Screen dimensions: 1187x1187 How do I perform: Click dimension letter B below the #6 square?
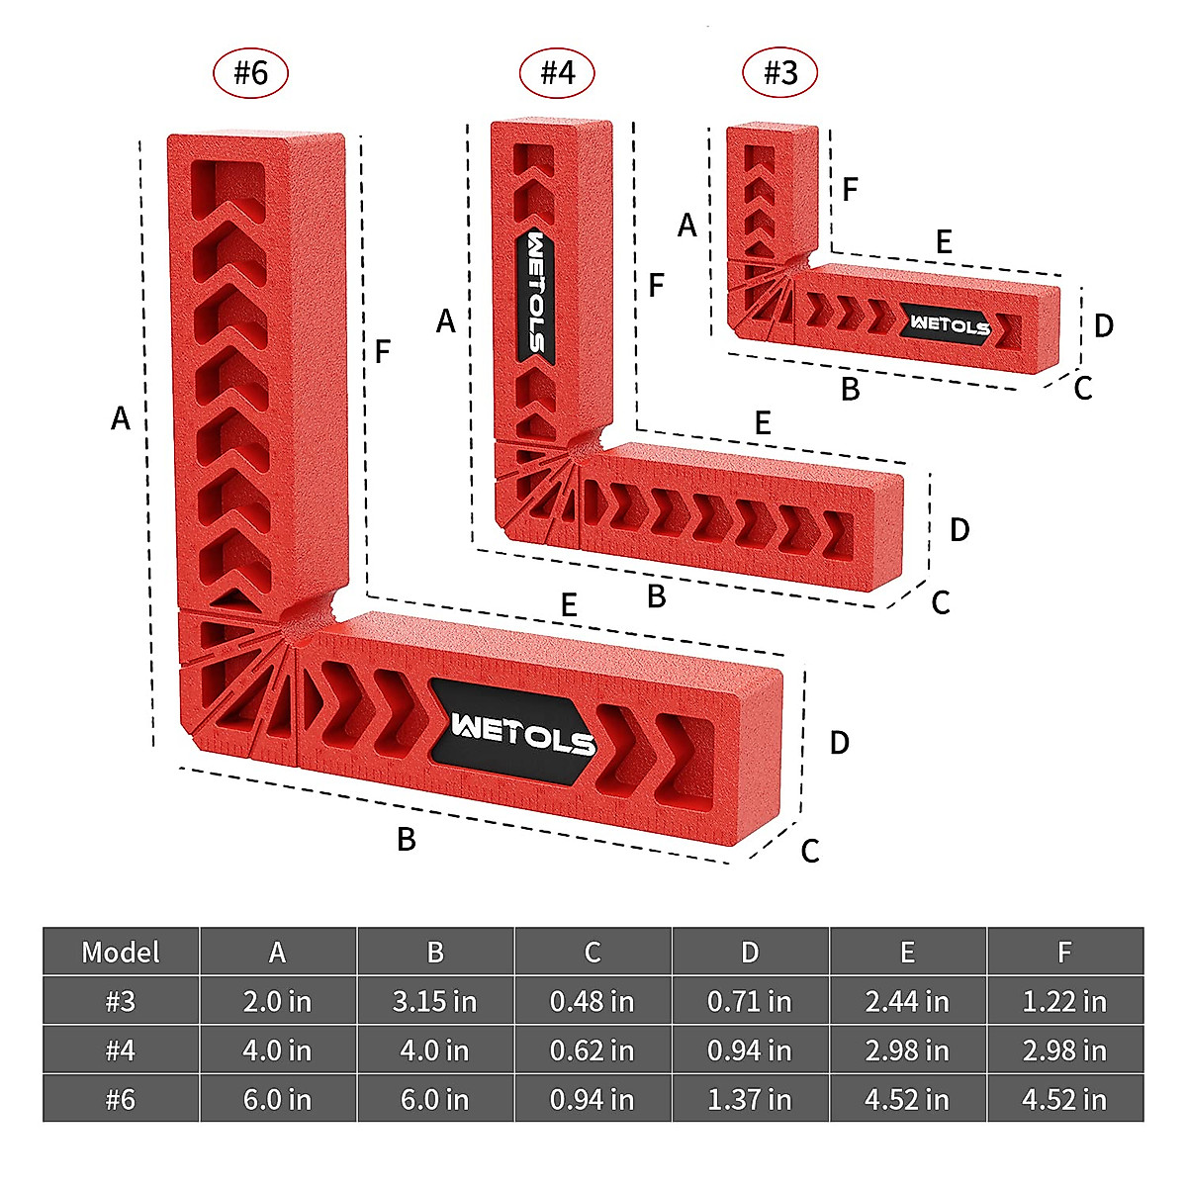406,840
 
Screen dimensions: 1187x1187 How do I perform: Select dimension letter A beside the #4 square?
446,320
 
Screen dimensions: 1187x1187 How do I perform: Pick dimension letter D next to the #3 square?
1104,325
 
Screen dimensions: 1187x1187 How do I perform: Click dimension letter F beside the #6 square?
383,351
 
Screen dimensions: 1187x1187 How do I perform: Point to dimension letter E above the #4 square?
762,423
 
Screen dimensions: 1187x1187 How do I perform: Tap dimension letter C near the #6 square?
810,851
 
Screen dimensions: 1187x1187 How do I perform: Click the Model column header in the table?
121,952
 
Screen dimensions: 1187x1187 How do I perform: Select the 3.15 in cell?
434,1001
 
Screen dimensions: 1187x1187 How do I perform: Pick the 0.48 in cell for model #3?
592,1001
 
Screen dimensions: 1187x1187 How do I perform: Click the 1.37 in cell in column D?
749,1099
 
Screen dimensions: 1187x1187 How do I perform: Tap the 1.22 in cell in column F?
1064,1001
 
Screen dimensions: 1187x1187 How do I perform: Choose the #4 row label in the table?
121,1050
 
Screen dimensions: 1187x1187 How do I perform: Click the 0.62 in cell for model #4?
592,1050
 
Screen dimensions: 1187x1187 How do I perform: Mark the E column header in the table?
907,952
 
